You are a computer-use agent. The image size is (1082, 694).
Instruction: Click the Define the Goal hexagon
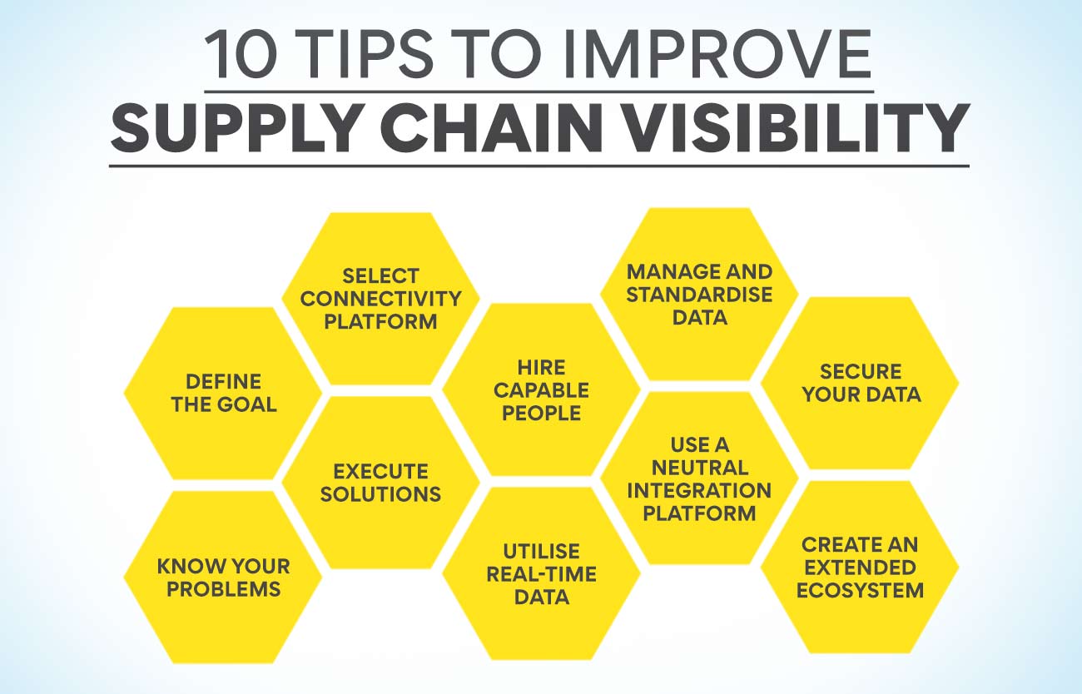tap(223, 393)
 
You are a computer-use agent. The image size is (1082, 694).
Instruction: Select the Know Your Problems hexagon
tap(223, 578)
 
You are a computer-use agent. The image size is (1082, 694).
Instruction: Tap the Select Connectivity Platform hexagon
tap(381, 298)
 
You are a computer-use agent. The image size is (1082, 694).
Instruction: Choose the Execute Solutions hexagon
tap(381, 483)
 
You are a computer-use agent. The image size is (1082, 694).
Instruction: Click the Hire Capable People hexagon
tap(541, 389)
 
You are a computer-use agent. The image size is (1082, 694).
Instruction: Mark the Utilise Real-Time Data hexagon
tap(541, 573)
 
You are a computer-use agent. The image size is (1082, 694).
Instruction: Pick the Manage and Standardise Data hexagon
tap(699, 294)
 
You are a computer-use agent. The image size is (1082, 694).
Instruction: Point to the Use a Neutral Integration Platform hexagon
tap(699, 478)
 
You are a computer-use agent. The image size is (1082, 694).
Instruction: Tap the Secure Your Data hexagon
tap(861, 383)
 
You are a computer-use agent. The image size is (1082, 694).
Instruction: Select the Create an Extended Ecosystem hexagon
tap(861, 568)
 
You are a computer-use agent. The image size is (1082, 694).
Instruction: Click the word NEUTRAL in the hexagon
tap(699, 467)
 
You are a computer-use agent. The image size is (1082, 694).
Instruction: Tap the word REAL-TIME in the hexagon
tap(541, 573)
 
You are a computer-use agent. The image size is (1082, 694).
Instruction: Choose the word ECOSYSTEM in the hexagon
tap(861, 590)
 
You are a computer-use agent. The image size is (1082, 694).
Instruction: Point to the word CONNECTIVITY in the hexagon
tap(381, 298)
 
